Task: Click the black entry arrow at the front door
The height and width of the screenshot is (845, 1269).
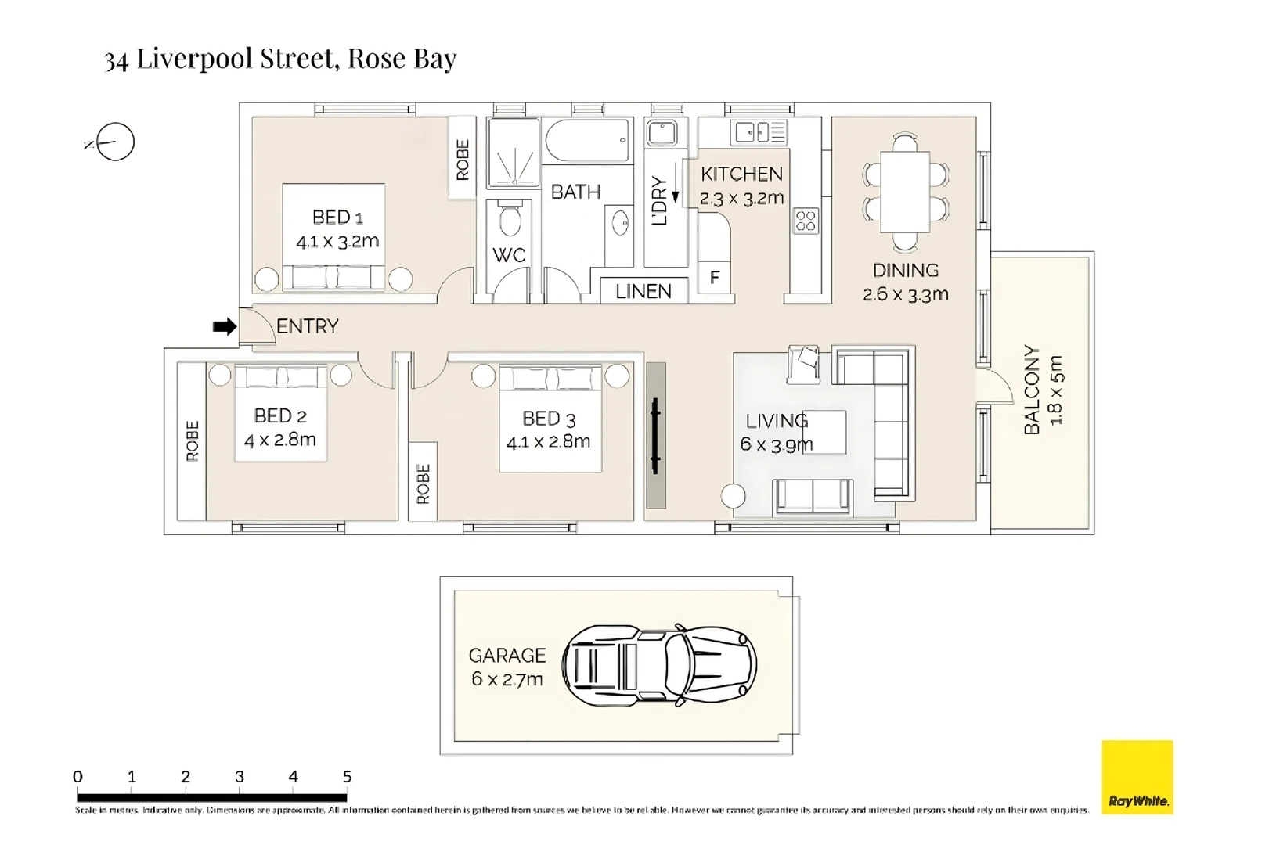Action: pos(224,326)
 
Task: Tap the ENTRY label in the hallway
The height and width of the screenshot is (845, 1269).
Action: pos(307,326)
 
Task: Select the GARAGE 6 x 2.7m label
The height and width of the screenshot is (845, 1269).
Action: pos(507,667)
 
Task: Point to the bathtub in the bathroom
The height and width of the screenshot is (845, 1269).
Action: pos(586,141)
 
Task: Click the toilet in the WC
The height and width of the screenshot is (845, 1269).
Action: pos(510,219)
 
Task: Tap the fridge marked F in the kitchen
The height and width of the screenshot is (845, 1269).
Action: pos(714,277)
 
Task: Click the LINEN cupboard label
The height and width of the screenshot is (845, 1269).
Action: pos(643,291)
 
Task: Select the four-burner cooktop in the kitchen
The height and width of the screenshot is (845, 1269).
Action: pos(806,221)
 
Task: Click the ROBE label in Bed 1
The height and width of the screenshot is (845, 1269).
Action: pos(463,159)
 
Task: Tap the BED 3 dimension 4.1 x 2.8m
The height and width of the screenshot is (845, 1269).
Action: pos(548,442)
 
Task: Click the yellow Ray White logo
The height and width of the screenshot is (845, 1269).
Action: pos(1137,777)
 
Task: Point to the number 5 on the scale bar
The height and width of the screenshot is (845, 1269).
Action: pos(347,777)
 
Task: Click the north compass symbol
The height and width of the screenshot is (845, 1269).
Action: pos(114,142)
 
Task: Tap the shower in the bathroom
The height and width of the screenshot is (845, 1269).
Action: pos(514,153)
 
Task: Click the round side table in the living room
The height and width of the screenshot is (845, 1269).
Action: pos(734,496)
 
